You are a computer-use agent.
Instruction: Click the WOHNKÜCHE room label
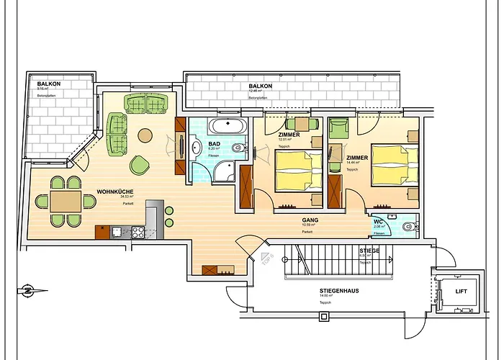pyautogui.click(x=113, y=192)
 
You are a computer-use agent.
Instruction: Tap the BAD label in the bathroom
pyautogui.click(x=214, y=144)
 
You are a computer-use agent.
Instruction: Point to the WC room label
pyautogui.click(x=378, y=221)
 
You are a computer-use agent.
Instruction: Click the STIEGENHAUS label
pyautogui.click(x=340, y=291)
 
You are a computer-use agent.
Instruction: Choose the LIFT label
pyautogui.click(x=462, y=292)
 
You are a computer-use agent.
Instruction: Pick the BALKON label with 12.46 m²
pyautogui.click(x=261, y=86)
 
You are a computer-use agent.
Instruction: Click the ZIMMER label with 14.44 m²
pyautogui.click(x=358, y=157)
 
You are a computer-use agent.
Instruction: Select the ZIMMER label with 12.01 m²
pyautogui.click(x=289, y=135)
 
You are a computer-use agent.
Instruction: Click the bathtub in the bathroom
pyautogui.click(x=227, y=127)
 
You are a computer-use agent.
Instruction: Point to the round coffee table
pyautogui.click(x=146, y=135)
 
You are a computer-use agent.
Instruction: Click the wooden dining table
pyautogui.click(x=66, y=199)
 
